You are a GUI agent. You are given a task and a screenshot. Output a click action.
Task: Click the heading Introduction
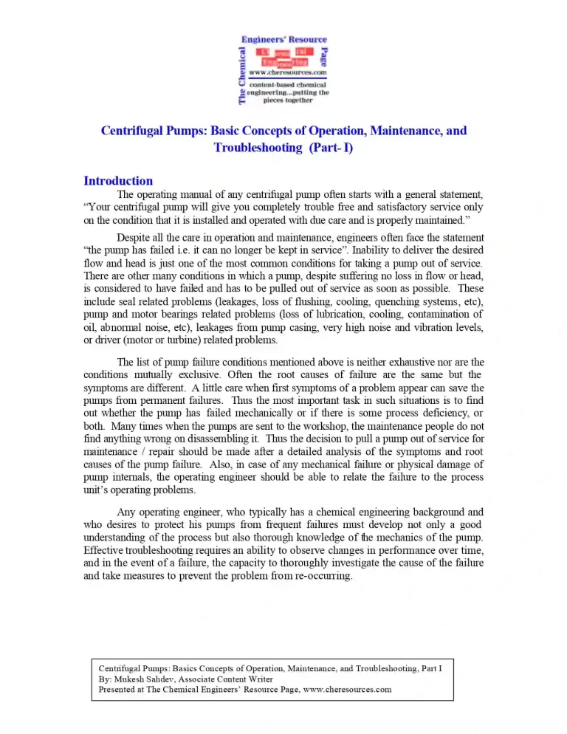118,181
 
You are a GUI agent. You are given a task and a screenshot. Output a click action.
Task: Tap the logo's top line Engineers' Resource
284,40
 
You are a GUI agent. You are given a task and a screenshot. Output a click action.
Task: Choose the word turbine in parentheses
175,340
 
